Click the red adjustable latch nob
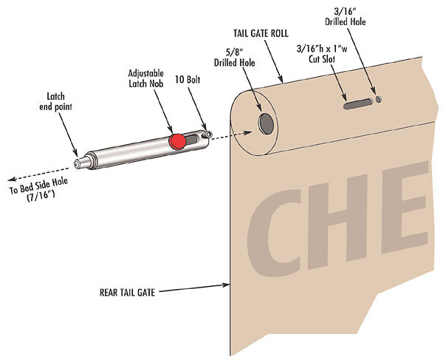click(x=176, y=141)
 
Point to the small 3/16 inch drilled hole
click(x=380, y=98)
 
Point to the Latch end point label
click(x=55, y=101)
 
